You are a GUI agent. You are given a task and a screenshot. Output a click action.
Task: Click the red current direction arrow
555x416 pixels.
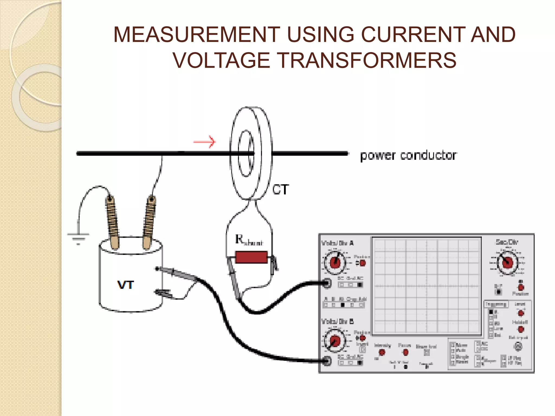pyautogui.click(x=205, y=142)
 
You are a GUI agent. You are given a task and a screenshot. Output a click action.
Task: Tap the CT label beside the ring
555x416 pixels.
pyautogui.click(x=280, y=190)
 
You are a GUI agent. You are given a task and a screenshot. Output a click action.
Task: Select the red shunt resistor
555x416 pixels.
pyautogui.click(x=251, y=257)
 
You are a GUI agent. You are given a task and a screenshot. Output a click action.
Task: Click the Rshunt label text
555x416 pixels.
pyautogui.click(x=249, y=240)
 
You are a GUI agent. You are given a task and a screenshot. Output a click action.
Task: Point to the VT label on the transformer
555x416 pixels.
pyautogui.click(x=125, y=285)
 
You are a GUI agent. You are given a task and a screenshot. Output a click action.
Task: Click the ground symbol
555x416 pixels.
pyautogui.click(x=78, y=238)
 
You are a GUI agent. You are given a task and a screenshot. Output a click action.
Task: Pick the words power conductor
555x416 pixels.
pyautogui.click(x=408, y=155)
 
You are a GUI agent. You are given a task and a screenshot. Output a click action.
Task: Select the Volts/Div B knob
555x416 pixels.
pyautogui.click(x=335, y=341)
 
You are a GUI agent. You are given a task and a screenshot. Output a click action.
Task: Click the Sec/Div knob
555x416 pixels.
pyautogui.click(x=507, y=262)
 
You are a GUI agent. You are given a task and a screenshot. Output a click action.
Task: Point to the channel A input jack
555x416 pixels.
pyautogui.click(x=327, y=283)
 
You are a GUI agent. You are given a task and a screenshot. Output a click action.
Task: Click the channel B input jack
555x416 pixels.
pyautogui.click(x=327, y=361)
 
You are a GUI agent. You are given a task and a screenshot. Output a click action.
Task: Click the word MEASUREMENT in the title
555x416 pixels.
pyautogui.click(x=196, y=35)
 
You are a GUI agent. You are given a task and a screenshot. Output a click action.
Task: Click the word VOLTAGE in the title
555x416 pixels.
pyautogui.click(x=221, y=60)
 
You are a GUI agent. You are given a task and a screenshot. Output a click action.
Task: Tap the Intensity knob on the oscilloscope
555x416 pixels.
pyautogui.click(x=382, y=352)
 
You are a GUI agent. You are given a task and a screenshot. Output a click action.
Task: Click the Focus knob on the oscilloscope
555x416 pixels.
pyautogui.click(x=405, y=352)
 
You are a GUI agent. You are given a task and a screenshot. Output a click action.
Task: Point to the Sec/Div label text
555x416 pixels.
pyautogui.click(x=506, y=242)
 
